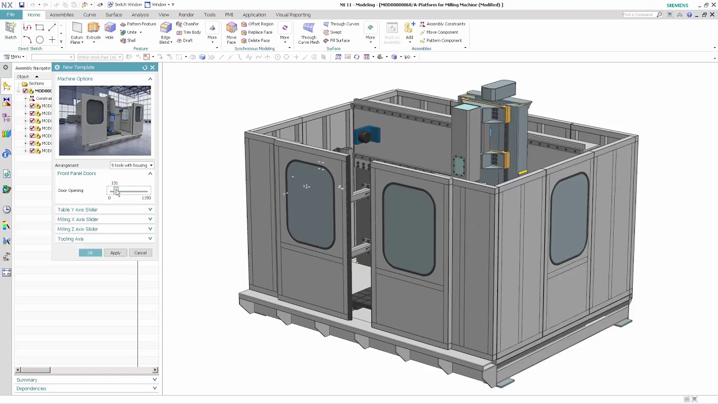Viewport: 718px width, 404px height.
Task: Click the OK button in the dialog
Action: click(90, 253)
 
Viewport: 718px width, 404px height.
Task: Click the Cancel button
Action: click(140, 253)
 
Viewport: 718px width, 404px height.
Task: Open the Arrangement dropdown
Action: click(132, 166)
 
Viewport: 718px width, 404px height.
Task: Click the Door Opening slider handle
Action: click(116, 191)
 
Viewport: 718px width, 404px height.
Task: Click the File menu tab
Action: click(11, 15)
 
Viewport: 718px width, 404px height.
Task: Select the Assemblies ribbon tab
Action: click(62, 15)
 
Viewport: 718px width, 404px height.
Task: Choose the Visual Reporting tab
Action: click(293, 15)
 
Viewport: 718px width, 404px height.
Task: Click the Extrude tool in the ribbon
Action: click(93, 31)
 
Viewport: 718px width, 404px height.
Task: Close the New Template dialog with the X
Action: click(152, 67)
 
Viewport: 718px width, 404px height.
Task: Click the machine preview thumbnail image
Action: click(105, 121)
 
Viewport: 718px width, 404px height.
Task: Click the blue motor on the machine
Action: click(367, 135)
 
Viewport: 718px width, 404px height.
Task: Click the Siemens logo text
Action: click(677, 5)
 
